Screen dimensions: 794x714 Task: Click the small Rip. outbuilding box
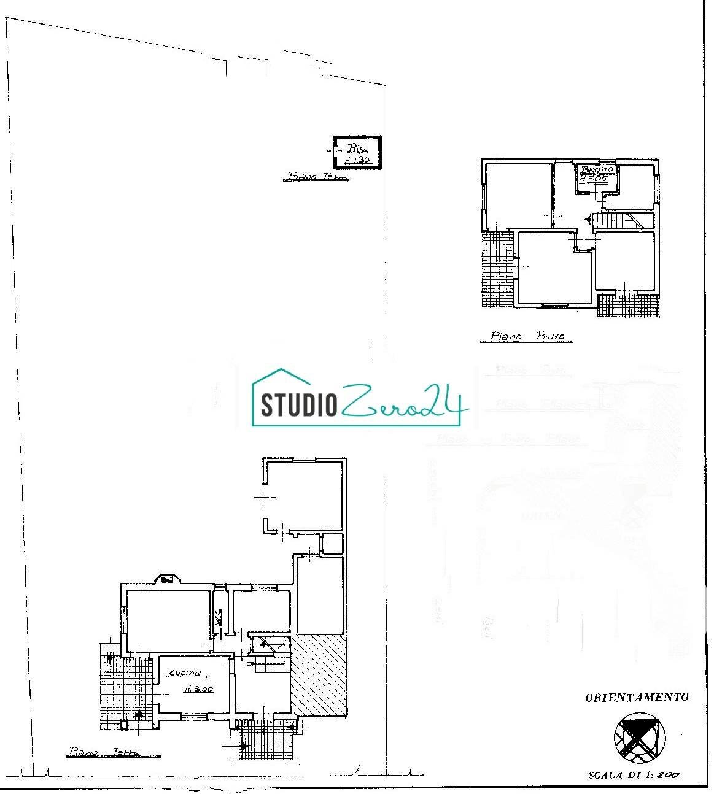356,152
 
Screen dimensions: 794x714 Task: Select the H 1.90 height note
356,160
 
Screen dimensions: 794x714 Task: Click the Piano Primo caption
530,336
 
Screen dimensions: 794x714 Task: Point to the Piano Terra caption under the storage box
316,177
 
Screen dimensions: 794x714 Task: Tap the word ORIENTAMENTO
637,697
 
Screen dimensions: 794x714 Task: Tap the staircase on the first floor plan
620,219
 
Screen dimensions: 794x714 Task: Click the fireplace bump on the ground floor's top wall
166,579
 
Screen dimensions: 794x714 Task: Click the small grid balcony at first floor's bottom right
627,306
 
